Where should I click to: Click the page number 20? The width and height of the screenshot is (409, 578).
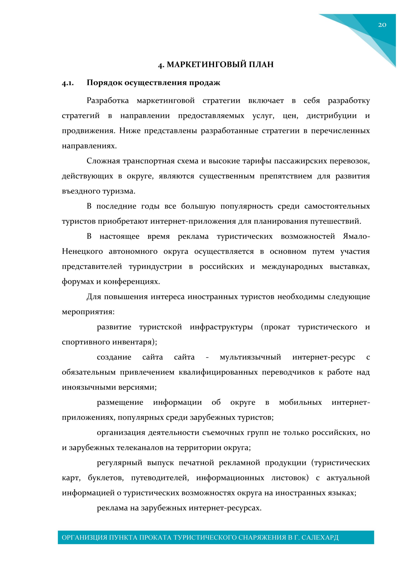[382, 25]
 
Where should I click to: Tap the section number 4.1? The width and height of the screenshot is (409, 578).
[68, 83]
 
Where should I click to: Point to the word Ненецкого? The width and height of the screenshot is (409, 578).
[82, 252]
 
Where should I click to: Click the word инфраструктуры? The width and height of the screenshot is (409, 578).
[221, 327]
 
